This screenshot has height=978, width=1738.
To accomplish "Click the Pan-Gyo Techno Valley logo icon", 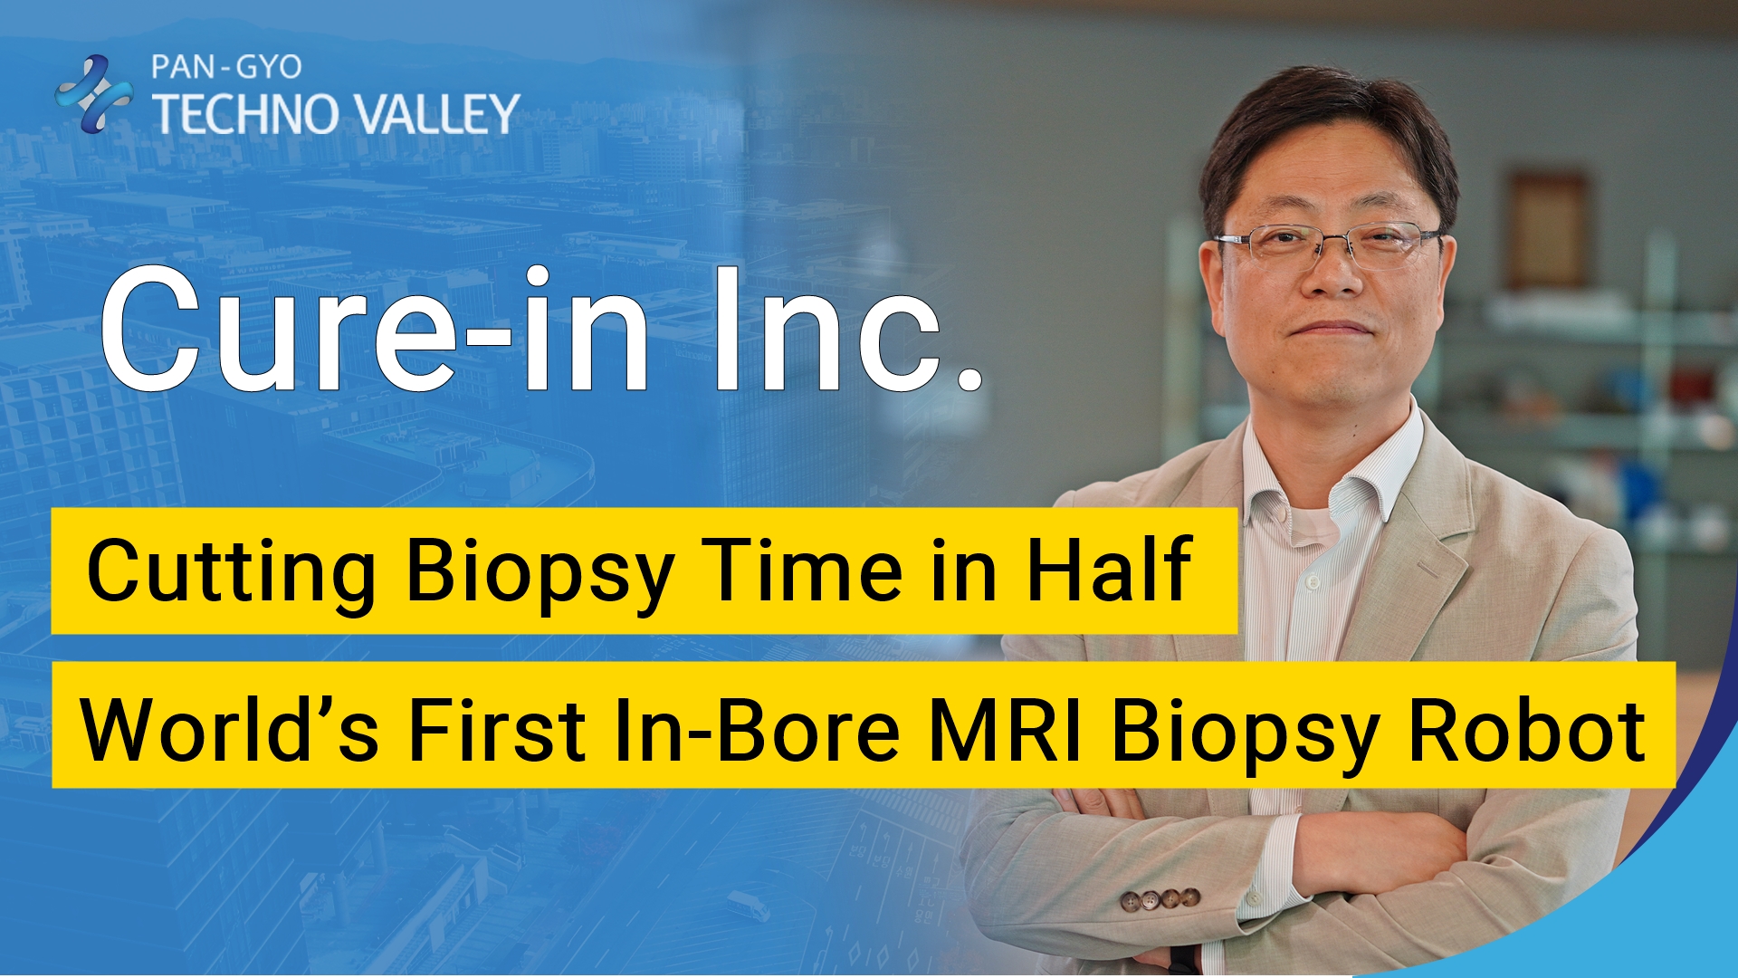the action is (93, 93).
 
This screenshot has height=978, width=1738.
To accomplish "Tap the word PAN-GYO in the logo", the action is (226, 67).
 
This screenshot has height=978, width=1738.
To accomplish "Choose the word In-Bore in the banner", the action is (757, 730).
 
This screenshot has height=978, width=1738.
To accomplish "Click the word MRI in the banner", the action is (1006, 730).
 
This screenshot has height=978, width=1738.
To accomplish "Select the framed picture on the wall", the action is (1547, 230).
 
